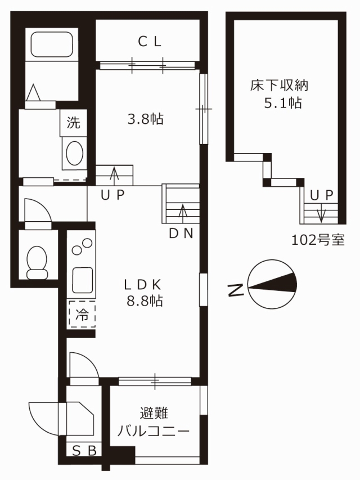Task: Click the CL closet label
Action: pos(150,42)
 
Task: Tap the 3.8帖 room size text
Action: pos(146,119)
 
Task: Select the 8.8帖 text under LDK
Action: pos(145,301)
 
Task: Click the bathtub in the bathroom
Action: pos(52,44)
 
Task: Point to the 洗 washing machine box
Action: pos(74,123)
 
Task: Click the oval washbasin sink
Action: pos(74,153)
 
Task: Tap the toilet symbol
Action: pos(37,263)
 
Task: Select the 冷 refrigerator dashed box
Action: pos(82,315)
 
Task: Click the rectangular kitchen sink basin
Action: pos(82,280)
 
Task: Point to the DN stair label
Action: pos(181,234)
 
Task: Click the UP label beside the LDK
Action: pos(113,195)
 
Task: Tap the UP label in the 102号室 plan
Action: pos(321,195)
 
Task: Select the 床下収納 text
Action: pos(279,86)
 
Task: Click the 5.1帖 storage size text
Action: pos(283,103)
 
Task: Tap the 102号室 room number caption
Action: pos(318,240)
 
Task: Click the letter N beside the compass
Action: pos(236,290)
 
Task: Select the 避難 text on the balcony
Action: pos(154,413)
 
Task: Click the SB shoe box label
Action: pos(84,450)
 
